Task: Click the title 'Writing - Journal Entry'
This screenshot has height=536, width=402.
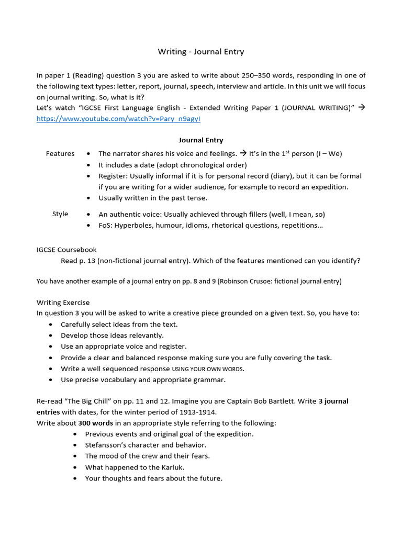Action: click(201, 52)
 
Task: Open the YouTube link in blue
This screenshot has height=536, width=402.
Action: click(118, 119)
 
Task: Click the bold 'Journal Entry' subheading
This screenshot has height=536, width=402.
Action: click(201, 140)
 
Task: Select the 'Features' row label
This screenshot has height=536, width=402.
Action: click(60, 153)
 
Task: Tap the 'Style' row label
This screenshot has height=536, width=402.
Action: click(60, 214)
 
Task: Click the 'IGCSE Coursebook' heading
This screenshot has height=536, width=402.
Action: click(66, 250)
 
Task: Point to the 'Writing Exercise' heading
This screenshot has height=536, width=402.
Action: click(63, 303)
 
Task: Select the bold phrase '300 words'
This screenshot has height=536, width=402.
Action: click(96, 423)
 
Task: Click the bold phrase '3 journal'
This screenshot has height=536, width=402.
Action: click(333, 401)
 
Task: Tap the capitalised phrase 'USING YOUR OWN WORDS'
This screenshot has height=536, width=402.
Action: click(208, 369)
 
